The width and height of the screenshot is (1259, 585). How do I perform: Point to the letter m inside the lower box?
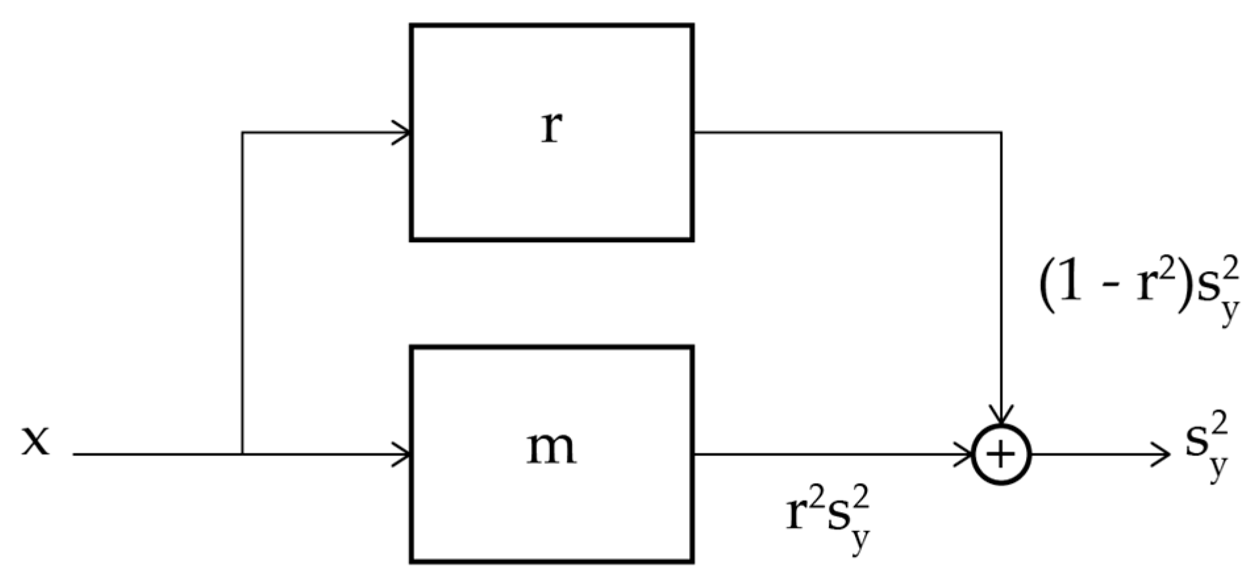pos(551,448)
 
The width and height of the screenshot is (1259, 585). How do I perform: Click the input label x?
pos(36,440)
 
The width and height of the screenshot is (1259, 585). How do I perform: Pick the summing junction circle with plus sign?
pos(1000,455)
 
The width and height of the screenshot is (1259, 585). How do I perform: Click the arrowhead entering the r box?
pos(403,133)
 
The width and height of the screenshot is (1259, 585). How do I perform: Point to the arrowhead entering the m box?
pos(403,454)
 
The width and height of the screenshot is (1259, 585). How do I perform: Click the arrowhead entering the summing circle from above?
pos(1000,416)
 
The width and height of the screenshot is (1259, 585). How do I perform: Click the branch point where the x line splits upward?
pos(243,454)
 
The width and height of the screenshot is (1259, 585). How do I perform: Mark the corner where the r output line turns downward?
pos(1000,133)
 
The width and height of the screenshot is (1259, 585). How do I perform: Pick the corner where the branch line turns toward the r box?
pos(243,133)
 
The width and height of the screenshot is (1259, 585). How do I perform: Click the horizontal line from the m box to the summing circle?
pos(822,454)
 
